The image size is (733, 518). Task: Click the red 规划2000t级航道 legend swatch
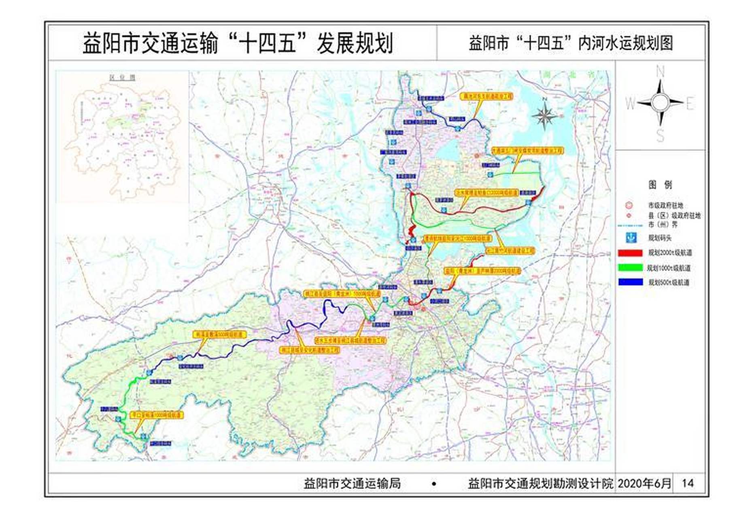[630, 253]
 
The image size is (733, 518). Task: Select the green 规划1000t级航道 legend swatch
[630, 267]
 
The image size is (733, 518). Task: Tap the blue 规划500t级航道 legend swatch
[630, 282]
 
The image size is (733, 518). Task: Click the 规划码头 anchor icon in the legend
[631, 238]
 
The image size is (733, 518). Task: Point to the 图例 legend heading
[660, 185]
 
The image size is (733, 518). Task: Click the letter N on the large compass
[660, 72]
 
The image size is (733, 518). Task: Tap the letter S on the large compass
[660, 136]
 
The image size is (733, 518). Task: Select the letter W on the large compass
[630, 104]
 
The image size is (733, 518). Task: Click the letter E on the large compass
[690, 104]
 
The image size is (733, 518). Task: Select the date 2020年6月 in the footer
[644, 483]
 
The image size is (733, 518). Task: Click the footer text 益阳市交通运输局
[352, 483]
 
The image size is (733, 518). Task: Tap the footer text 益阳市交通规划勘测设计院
[540, 483]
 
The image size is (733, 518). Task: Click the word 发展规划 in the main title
[355, 44]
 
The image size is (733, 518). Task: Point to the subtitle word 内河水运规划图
[625, 43]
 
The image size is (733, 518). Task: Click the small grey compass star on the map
[544, 115]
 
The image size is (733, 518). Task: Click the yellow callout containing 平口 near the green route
[156, 415]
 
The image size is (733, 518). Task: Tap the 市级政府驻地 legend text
[665, 206]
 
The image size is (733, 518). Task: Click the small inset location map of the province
[122, 136]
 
